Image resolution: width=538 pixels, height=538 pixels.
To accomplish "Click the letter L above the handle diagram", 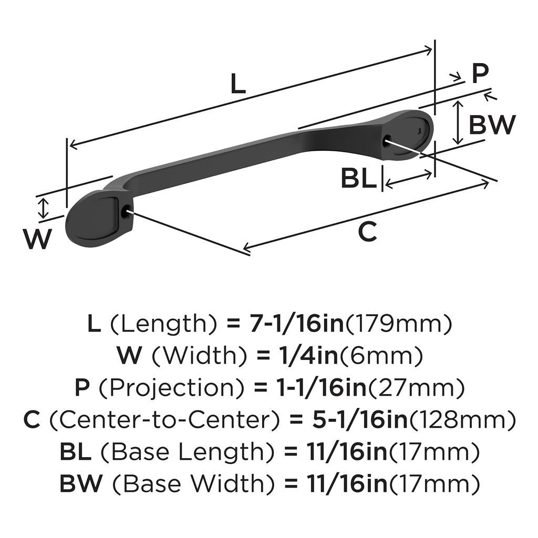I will [x=238, y=84].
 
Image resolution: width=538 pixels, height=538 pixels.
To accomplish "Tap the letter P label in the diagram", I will [x=479, y=74].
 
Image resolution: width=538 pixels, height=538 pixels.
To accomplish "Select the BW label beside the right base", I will [x=492, y=125].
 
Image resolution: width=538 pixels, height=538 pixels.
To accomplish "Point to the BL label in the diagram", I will [x=359, y=179].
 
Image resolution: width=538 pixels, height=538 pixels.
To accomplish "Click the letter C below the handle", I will [x=367, y=232].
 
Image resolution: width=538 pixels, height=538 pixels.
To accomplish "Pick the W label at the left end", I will [x=38, y=240].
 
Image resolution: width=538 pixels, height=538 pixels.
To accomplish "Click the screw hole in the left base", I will [x=126, y=212].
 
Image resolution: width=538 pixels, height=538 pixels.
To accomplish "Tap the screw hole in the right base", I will [x=388, y=140].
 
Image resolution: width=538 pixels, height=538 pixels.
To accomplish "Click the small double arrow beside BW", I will [x=458, y=122].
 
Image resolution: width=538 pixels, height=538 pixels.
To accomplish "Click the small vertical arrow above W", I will [x=44, y=208].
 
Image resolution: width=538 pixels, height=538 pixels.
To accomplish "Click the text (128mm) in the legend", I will [x=462, y=420].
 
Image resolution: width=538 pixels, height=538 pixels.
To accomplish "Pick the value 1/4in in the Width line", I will [x=297, y=357].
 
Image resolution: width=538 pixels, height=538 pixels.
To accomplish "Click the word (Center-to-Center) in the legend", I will [x=166, y=420].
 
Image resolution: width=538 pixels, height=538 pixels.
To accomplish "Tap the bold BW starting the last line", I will [x=80, y=483].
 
